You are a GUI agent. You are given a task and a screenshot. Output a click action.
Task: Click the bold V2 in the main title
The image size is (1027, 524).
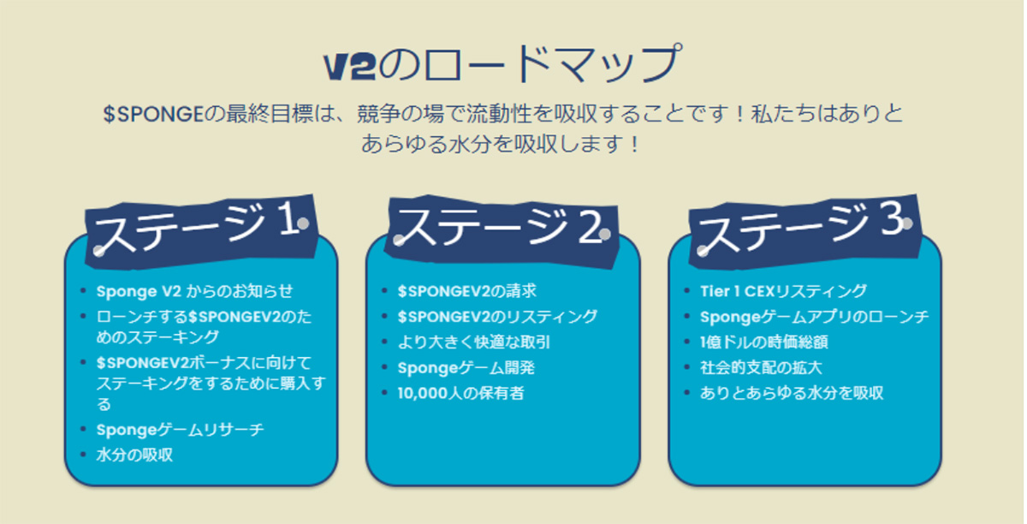[350, 67]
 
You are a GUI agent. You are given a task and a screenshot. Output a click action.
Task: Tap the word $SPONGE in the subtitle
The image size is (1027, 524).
[153, 114]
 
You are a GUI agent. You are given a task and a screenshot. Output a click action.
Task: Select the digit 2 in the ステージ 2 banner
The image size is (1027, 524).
[589, 226]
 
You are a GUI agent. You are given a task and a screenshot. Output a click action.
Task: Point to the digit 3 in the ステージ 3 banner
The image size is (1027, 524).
[892, 219]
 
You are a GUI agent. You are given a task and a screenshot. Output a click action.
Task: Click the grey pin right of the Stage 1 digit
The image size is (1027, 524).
[303, 223]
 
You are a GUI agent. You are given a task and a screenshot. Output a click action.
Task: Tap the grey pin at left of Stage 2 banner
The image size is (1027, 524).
[399, 240]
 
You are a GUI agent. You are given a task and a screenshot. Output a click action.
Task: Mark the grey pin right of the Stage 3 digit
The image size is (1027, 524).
[907, 223]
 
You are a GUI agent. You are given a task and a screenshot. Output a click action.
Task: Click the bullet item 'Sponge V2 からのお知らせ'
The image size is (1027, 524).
[194, 291]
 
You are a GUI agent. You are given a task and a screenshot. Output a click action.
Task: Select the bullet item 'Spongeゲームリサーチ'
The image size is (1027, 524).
[181, 430]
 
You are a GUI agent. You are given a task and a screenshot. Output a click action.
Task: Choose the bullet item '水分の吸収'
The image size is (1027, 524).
[134, 456]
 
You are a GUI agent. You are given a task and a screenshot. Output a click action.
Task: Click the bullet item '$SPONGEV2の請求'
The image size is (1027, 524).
[466, 291]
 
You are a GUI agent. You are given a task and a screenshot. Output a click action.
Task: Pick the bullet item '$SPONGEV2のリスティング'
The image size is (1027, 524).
[497, 317]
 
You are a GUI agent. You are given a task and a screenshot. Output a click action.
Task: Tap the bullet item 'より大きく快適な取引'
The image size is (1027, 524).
[473, 342]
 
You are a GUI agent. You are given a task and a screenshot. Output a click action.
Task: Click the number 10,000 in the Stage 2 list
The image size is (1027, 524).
[422, 394]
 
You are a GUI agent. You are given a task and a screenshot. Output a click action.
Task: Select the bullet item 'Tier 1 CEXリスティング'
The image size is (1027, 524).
[784, 291]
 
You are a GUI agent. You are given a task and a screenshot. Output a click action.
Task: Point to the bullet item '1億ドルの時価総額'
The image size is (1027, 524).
[763, 342]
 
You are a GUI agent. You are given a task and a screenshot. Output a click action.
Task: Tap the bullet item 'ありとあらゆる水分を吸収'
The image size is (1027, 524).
[792, 393]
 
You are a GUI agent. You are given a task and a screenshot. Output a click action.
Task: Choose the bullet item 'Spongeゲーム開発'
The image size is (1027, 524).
[466, 368]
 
